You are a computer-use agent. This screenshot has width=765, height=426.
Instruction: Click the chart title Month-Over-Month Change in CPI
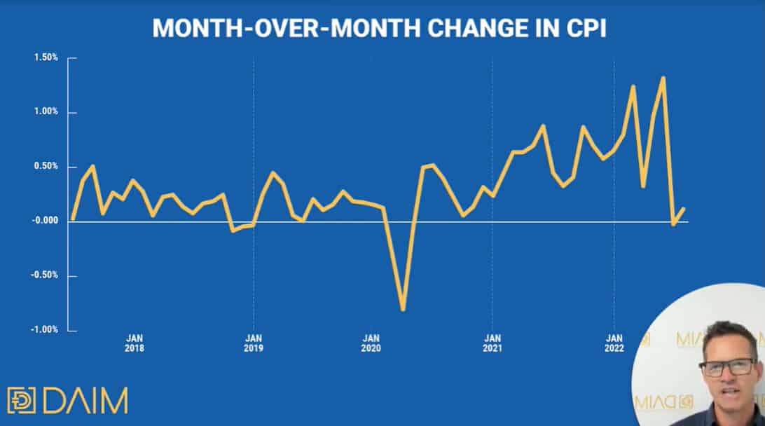click(x=379, y=28)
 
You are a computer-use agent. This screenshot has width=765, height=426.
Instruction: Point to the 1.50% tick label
click(x=46, y=57)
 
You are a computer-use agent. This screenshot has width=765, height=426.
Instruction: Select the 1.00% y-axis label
click(x=46, y=111)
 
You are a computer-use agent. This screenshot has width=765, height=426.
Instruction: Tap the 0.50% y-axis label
click(x=46, y=166)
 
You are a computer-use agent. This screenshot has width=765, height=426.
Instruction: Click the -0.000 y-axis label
click(x=45, y=221)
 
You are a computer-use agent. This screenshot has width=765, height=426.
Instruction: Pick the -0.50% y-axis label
click(x=44, y=275)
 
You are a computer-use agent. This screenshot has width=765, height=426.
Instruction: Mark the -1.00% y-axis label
click(x=44, y=330)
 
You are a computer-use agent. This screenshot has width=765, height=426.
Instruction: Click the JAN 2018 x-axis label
click(x=135, y=343)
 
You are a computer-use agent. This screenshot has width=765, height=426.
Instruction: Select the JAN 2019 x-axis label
click(x=254, y=343)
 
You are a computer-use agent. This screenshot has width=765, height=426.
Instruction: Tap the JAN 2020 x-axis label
click(x=371, y=343)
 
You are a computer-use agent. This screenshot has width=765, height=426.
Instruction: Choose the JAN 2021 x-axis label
click(x=492, y=343)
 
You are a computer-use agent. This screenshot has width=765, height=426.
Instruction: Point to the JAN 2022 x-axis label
click(x=614, y=343)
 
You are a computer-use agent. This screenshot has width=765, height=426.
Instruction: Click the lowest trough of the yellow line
click(x=403, y=310)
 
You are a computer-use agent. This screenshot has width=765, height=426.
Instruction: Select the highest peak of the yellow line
click(x=663, y=78)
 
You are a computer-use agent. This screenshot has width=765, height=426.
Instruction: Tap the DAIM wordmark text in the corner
click(x=85, y=401)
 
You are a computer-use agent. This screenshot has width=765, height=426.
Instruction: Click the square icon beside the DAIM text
click(x=22, y=401)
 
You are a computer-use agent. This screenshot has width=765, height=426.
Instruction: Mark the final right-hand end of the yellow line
click(x=684, y=209)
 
